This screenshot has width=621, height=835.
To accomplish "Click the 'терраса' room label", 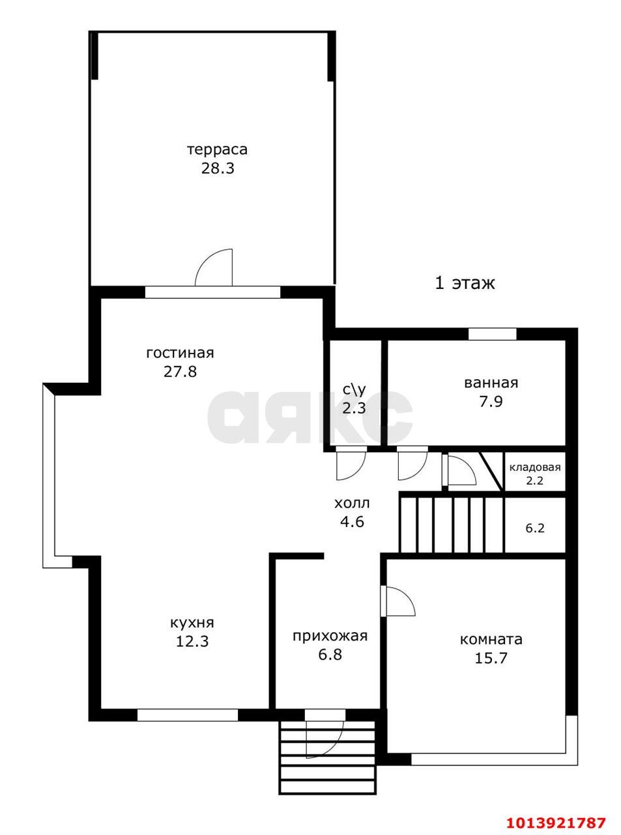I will coord(217,149).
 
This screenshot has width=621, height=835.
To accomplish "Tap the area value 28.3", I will coord(217,168).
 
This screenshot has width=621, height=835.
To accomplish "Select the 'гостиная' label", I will coord(180,353).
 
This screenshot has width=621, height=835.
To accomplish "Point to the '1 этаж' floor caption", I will coord(465,283).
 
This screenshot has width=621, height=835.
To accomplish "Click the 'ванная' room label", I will coord(491,383).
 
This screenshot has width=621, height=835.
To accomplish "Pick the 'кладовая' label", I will coord(534,467).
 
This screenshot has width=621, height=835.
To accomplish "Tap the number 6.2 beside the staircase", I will coord(535,528).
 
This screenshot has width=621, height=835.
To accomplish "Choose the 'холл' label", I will coord(352,504).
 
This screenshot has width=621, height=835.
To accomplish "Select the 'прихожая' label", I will coord(330,635).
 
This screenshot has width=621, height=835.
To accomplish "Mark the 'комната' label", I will coord(491,639).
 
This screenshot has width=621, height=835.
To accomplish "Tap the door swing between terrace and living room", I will coord(215,269).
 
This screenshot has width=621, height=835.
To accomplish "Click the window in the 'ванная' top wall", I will coord(492,334).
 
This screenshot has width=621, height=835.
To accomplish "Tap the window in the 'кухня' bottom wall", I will coord(188,715).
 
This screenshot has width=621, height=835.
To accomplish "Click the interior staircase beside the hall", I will coord(451,524).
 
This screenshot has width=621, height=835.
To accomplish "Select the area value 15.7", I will coord(491,658).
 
